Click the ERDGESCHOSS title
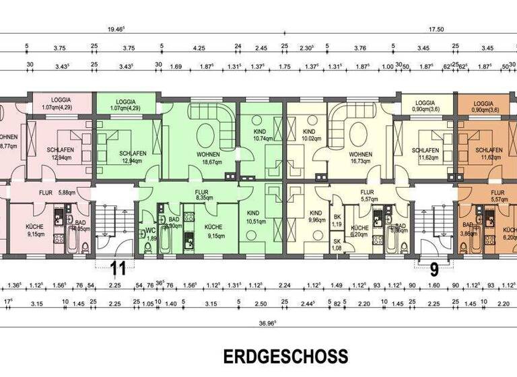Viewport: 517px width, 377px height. tap(285, 356)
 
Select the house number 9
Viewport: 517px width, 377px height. tap(434, 270)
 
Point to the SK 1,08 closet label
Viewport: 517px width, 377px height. tap(337, 245)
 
